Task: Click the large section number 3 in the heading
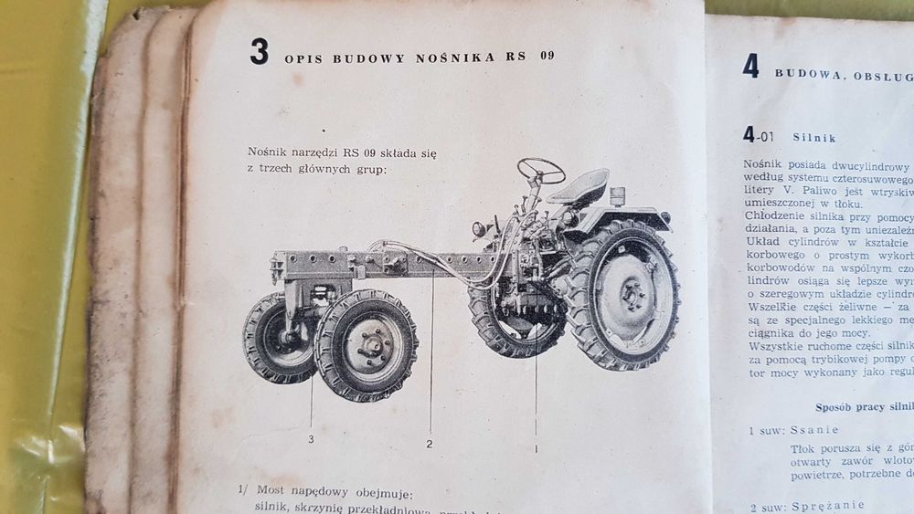click(260, 52)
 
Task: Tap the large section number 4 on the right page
click(750, 66)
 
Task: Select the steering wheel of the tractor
click(540, 170)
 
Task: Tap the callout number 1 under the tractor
click(536, 447)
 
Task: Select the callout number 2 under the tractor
click(429, 445)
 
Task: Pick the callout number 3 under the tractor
click(312, 439)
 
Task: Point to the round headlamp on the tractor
click(477, 228)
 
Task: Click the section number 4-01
click(759, 137)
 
